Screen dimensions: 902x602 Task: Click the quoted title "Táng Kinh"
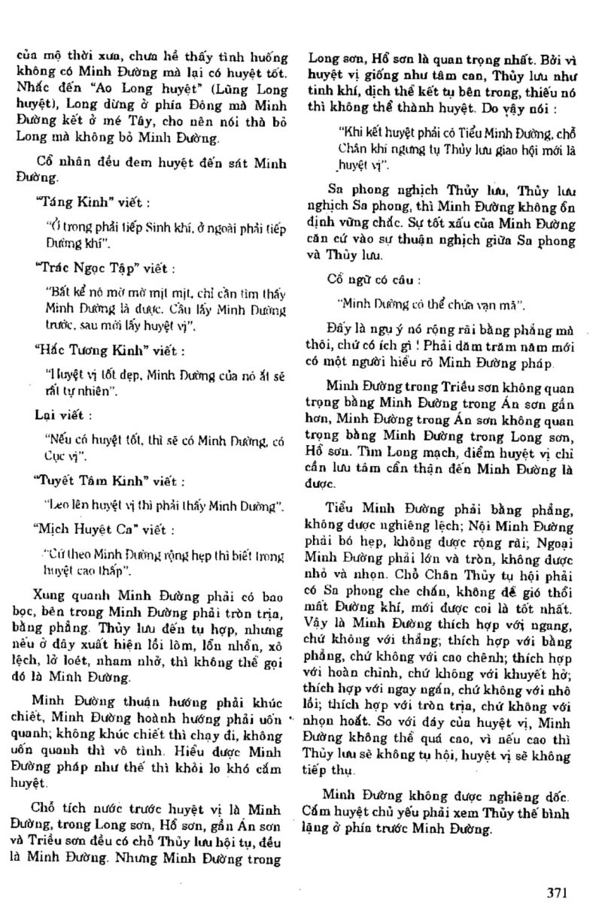click(66, 202)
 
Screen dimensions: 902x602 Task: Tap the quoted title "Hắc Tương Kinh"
click(81, 350)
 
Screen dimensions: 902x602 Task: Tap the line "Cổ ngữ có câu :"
click(359, 280)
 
